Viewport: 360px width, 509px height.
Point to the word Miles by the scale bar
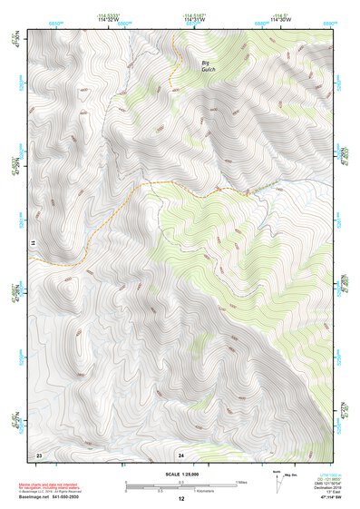coord(243,482)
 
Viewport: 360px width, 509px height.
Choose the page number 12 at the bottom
coord(180,501)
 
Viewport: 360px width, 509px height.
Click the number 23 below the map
coord(38,454)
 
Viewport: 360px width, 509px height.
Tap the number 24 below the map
coord(180,454)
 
